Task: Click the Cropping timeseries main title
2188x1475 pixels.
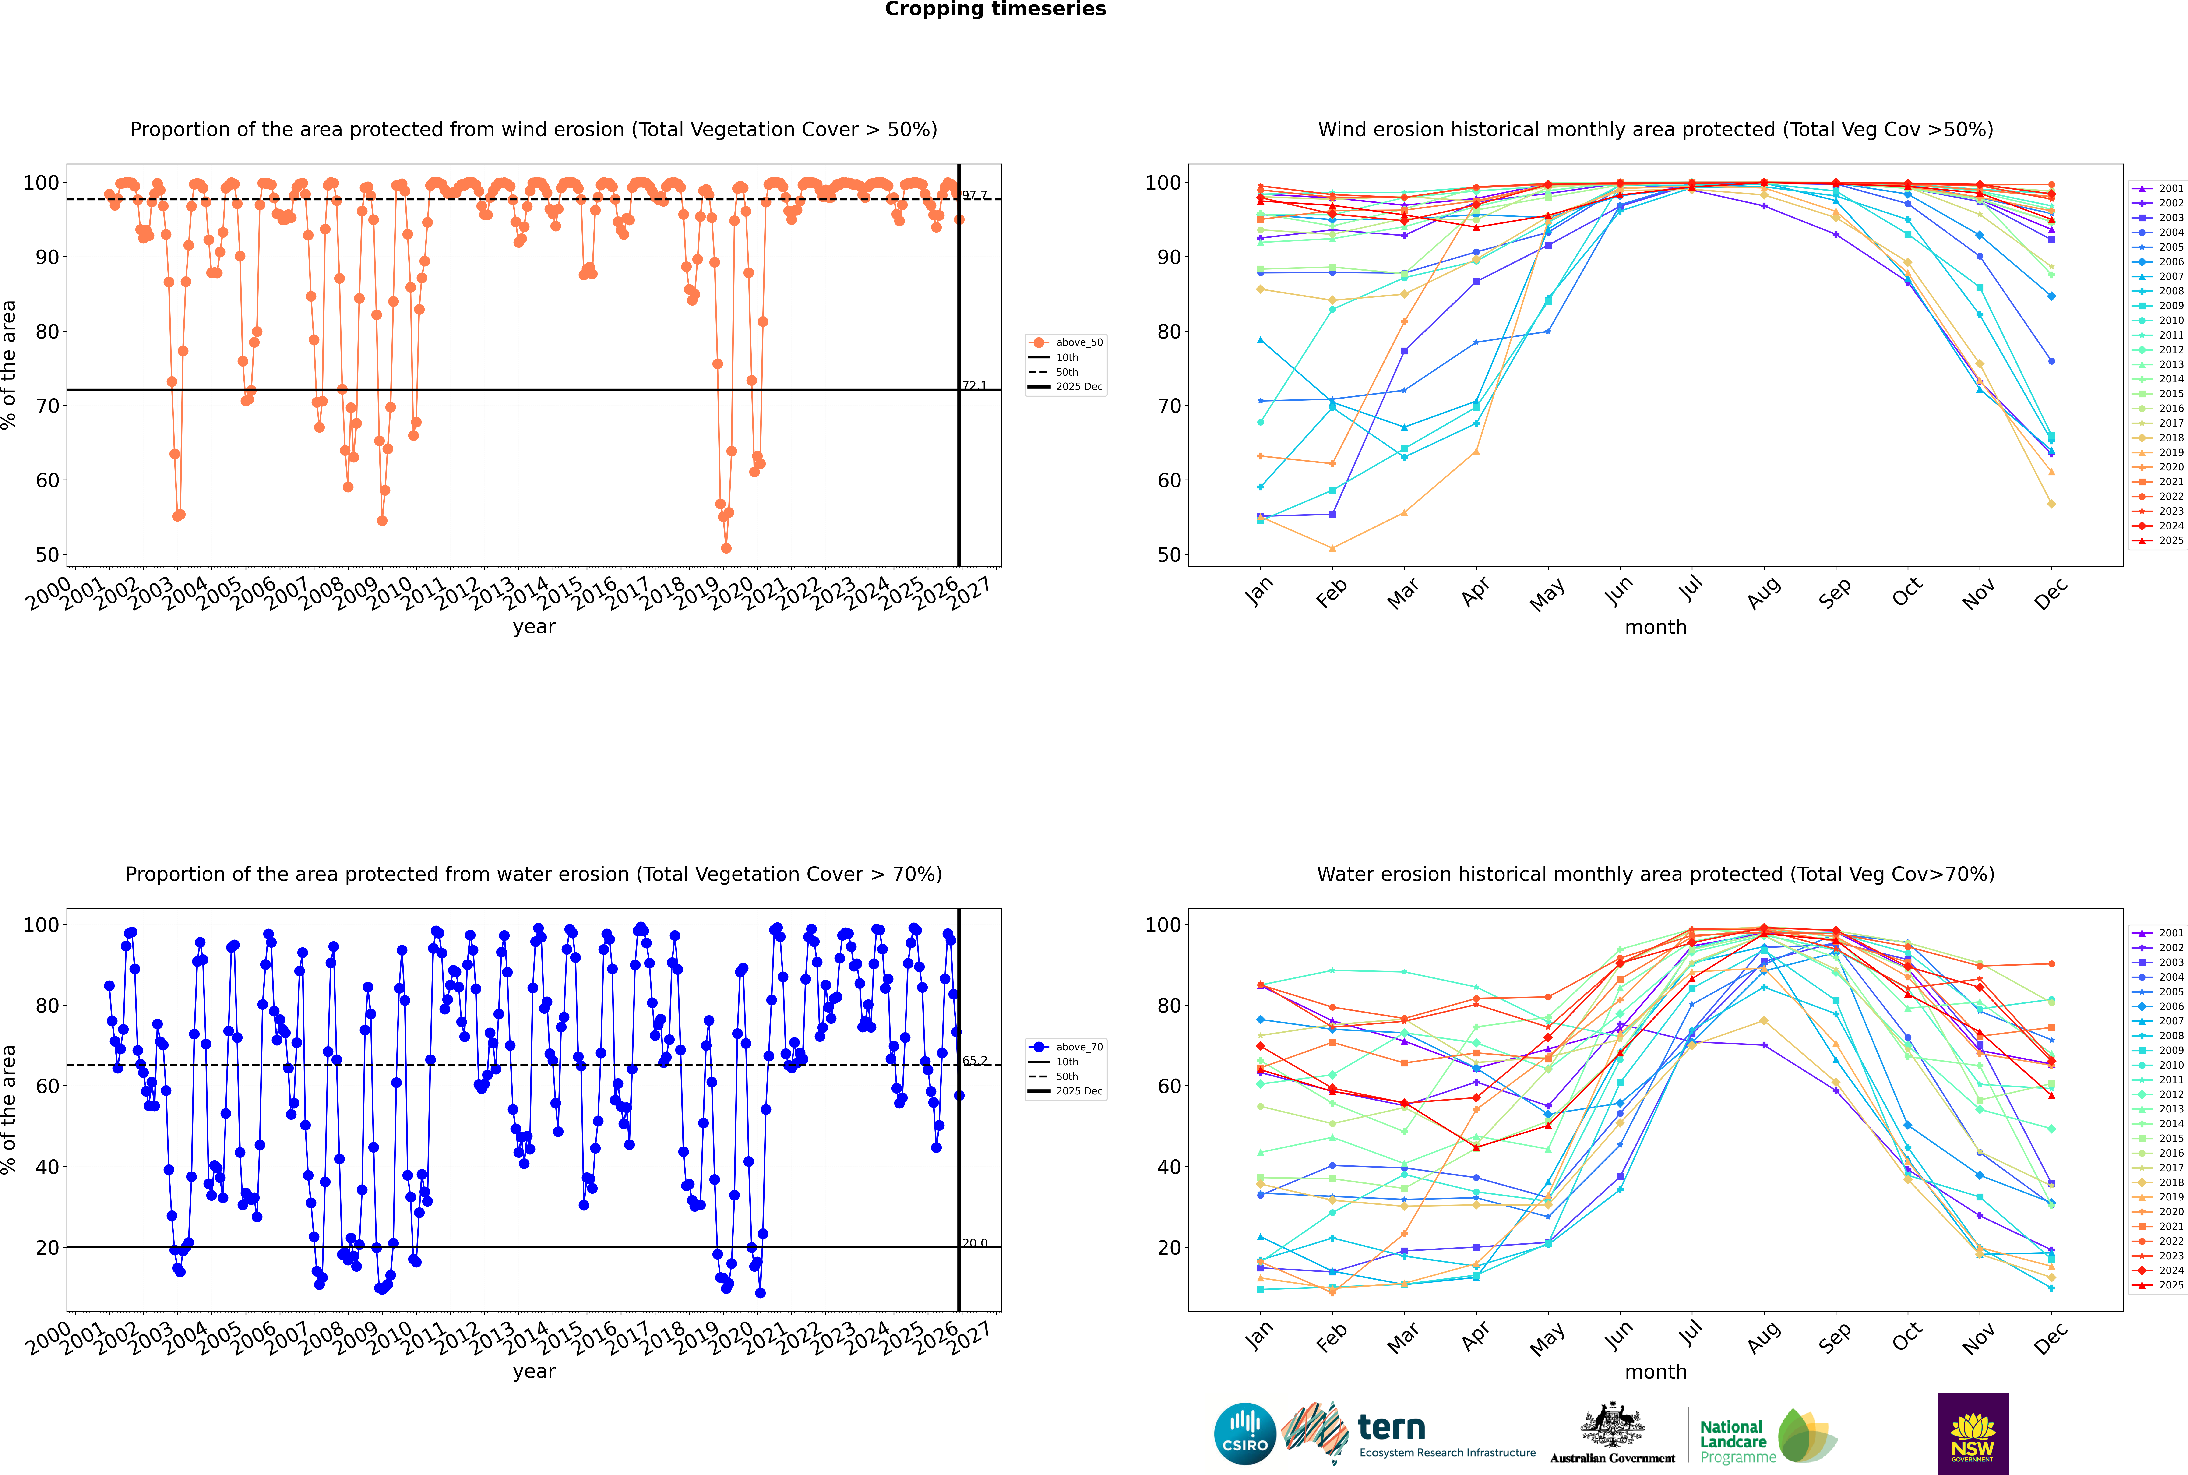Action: pos(995,9)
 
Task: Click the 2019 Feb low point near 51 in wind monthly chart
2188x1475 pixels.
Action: pos(1332,548)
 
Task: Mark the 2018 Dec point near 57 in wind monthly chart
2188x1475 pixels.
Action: pos(2052,504)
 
